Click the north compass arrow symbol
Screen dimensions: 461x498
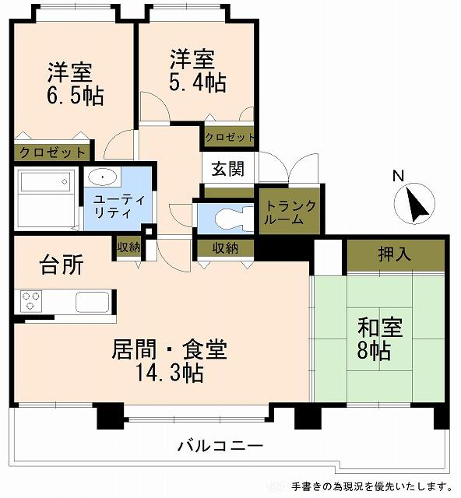[415, 204]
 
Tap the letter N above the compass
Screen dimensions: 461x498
[399, 176]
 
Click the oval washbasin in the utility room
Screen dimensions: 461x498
[102, 177]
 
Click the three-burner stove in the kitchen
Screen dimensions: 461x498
[31, 301]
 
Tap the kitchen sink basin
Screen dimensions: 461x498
[93, 302]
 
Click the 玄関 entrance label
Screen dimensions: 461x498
[228, 169]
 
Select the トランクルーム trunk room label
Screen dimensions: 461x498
[290, 212]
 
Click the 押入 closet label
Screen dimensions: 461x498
[395, 254]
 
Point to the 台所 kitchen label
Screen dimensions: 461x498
[62, 265]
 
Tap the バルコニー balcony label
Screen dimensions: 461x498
[220, 446]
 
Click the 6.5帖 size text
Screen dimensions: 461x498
[75, 96]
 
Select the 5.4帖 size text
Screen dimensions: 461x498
[198, 82]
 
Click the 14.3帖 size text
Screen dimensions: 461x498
[169, 373]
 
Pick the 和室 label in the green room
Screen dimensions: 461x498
[380, 328]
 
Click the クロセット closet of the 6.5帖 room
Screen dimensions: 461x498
[52, 153]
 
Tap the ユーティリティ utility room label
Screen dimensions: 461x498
[119, 206]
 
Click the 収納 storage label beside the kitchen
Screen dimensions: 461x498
[128, 247]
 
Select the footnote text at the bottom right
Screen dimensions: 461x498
[371, 486]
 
